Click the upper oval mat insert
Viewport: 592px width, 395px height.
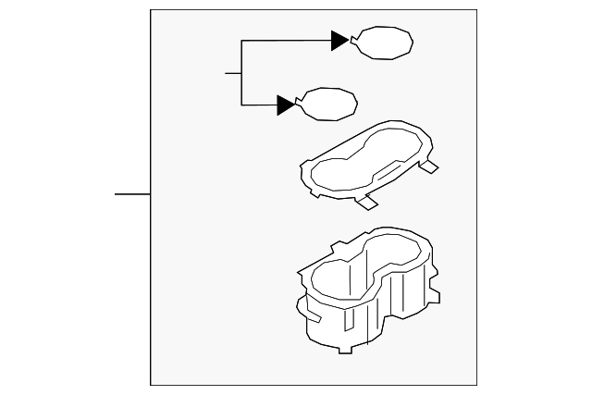tap(384, 43)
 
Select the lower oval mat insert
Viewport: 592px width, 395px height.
tap(328, 103)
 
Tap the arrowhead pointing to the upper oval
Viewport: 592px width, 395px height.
tap(340, 41)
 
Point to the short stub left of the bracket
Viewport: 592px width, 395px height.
tap(233, 72)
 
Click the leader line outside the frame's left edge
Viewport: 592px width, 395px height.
tap(132, 194)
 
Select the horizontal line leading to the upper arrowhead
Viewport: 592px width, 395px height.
tap(287, 41)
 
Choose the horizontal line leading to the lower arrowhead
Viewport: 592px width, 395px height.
tap(259, 105)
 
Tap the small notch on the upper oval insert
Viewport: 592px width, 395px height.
tap(354, 38)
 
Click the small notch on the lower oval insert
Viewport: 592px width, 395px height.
tap(299, 100)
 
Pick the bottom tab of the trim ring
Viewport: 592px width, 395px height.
tap(368, 201)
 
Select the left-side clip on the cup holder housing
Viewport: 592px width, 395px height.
tap(311, 315)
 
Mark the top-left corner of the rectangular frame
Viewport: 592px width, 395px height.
tap(151, 10)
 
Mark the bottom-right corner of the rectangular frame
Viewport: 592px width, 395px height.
tap(476, 385)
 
